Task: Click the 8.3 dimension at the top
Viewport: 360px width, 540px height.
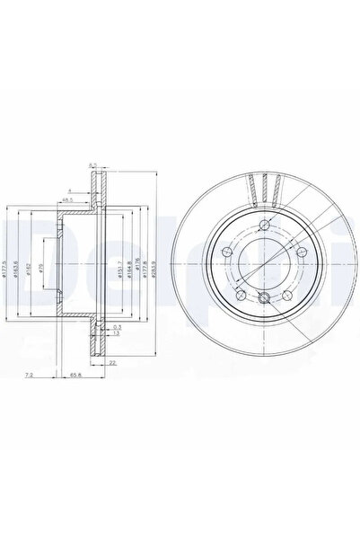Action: [x=92, y=164]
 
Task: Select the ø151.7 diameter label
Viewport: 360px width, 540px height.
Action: [x=119, y=270]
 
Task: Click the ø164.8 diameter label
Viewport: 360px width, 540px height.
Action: [x=129, y=270]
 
